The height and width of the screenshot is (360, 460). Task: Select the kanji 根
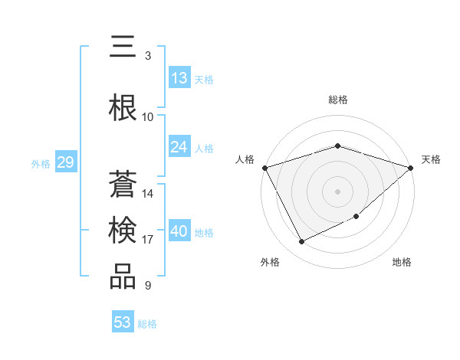[123, 108]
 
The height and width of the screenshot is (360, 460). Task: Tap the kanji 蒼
[123, 185]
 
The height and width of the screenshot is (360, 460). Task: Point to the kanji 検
[123, 230]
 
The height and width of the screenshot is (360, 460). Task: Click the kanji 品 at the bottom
[123, 277]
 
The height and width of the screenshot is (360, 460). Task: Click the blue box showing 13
[179, 78]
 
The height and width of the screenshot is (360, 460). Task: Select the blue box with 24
[179, 147]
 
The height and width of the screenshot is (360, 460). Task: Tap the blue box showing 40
[179, 231]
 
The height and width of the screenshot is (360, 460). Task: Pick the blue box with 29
[65, 162]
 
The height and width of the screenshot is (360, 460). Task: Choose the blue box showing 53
[123, 322]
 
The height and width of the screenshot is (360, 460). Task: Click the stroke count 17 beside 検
[147, 240]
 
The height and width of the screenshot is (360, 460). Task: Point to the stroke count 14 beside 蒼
[148, 194]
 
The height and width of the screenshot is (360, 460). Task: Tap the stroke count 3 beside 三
[147, 56]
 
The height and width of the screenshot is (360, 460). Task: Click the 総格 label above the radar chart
[337, 100]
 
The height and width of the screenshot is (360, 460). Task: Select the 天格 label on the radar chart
[431, 159]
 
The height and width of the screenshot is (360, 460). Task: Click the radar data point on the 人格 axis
[264, 168]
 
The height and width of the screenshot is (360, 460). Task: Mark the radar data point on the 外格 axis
[301, 242]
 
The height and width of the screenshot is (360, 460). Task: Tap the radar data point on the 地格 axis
[357, 218]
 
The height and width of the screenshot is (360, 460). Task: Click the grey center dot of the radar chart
[337, 191]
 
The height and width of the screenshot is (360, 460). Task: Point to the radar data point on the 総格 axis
[337, 146]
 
